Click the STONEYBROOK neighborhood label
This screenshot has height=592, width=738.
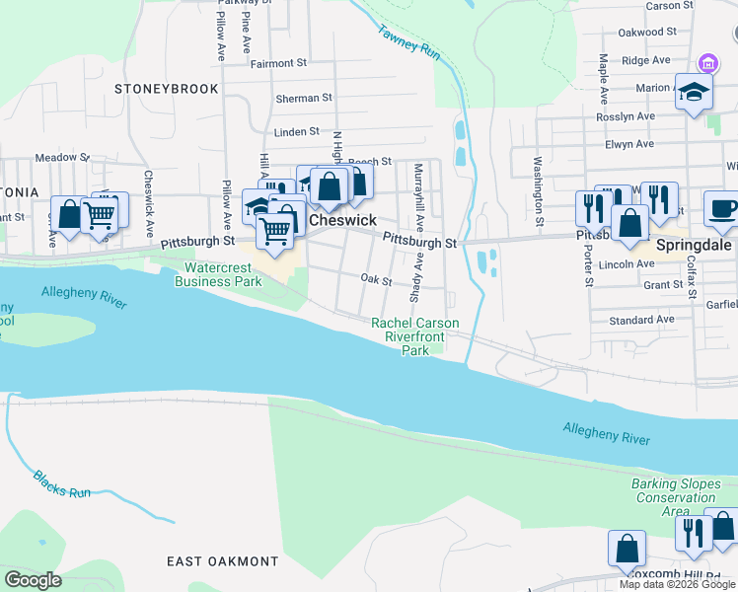click(166, 89)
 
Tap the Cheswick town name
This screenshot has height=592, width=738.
click(342, 220)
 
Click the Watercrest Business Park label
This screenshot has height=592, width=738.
click(218, 274)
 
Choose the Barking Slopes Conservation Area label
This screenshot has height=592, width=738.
click(675, 497)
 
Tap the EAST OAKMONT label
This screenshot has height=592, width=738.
click(222, 561)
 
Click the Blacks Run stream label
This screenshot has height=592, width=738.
click(61, 483)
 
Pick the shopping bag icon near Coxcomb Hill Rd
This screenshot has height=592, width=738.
click(627, 549)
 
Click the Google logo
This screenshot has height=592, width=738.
click(33, 580)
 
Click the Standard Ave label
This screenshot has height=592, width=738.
click(641, 320)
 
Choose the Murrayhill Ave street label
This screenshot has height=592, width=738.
click(419, 187)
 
